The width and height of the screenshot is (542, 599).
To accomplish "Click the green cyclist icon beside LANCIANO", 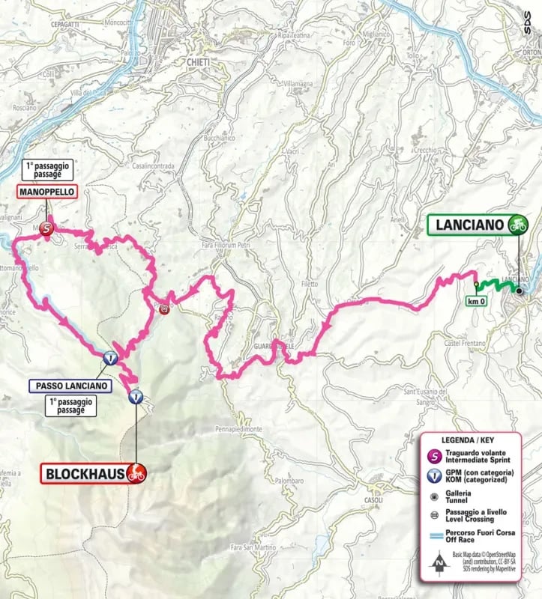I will coord(516,224).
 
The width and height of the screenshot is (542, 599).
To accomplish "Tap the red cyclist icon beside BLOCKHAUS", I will coord(136,472).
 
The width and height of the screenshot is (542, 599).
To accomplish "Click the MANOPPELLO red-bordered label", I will coord(46,192).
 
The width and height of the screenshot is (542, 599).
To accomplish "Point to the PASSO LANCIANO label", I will coord(71,386).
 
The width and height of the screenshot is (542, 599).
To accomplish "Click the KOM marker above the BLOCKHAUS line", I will coord(135,397).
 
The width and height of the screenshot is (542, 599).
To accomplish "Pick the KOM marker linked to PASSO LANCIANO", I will coord(110,359).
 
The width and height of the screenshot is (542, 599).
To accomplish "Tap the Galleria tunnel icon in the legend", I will coord(433,496).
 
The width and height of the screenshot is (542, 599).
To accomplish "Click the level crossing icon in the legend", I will coord(433,514).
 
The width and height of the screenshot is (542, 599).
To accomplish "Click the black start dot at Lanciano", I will coord(518,291).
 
